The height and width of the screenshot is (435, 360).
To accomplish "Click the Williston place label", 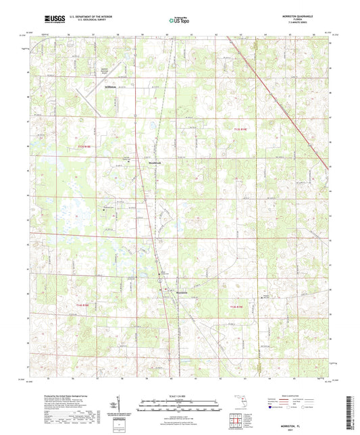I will [x=111, y=87].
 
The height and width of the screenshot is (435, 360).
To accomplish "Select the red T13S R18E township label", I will [x=84, y=146].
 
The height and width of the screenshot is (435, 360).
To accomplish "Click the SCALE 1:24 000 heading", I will [x=178, y=396].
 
